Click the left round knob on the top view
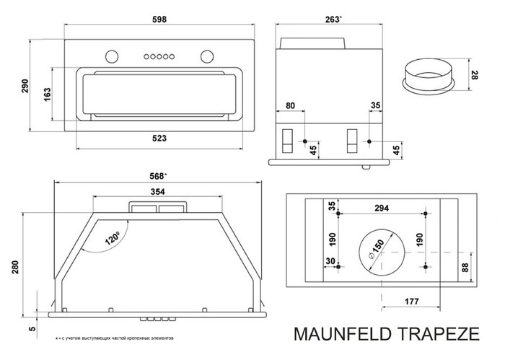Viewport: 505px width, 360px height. click(x=110, y=56)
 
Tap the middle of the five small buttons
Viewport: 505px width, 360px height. click(x=159, y=56)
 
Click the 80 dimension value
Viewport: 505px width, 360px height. click(x=291, y=106)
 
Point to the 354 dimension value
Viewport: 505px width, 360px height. click(x=157, y=192)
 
